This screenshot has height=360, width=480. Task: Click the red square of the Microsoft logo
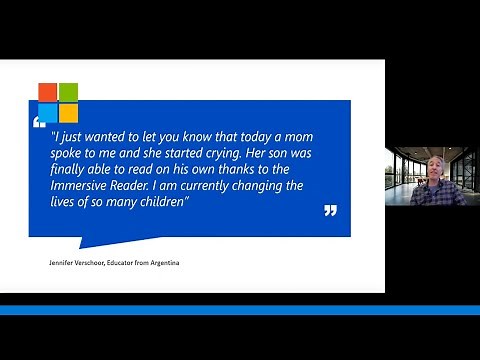point(48,91)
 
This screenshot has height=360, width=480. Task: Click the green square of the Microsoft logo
point(68,91)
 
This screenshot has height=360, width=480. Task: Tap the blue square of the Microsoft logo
point(48,111)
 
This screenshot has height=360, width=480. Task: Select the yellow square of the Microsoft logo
point(68,111)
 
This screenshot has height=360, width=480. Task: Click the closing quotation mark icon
point(330,211)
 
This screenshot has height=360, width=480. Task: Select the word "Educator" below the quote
point(121,263)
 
